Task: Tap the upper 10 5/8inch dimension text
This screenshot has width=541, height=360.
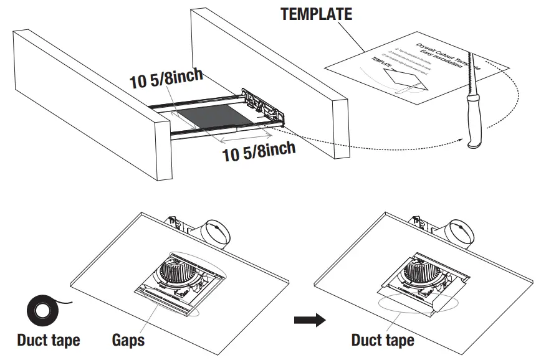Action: pos(166,80)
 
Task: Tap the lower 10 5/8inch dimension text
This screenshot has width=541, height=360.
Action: pos(259,151)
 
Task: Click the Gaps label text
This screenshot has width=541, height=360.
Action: pos(128,340)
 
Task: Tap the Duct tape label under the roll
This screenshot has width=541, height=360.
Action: pos(48,340)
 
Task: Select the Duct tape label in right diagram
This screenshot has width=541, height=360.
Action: pos(382,340)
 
